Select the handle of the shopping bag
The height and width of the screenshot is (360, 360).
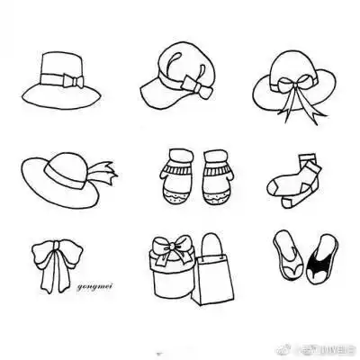(x=212, y=246)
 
